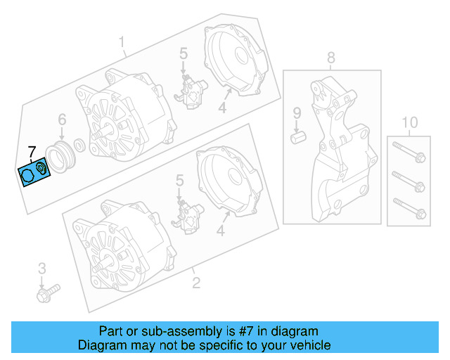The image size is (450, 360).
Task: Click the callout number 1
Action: pos(122,42)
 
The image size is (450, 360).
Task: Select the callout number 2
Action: pos(196,283)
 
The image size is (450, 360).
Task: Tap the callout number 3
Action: pos(42,269)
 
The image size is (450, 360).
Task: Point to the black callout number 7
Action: pos(31,152)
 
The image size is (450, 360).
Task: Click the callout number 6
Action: pos(62,120)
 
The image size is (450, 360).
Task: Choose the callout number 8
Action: pos(331,58)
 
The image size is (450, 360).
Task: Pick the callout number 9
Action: pos(297,112)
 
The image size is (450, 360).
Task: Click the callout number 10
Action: pos(409,122)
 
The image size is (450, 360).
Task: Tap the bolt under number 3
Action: pos(49,293)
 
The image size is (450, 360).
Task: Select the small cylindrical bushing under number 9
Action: pos(298,138)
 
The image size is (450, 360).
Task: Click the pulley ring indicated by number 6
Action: pos(60,157)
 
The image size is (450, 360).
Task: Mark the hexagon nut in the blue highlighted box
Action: pos(27,175)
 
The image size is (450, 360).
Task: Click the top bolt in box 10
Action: pos(409,152)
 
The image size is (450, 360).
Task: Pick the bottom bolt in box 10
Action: pos(409,208)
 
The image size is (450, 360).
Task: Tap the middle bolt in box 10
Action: pos(409,181)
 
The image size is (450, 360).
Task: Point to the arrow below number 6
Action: pos(62,134)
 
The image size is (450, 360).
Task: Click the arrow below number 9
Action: pos(297,127)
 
